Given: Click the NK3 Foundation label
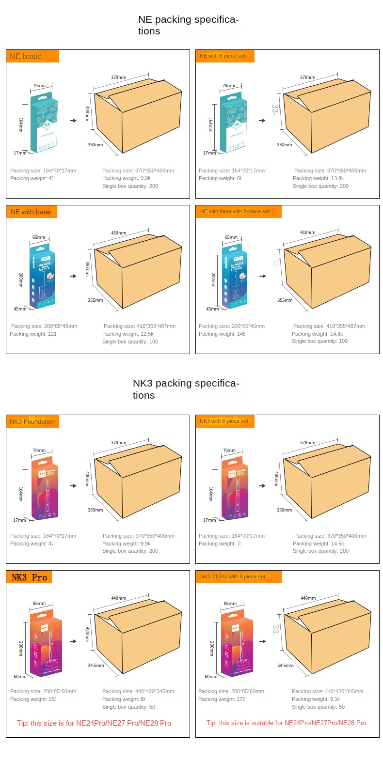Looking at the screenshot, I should pyautogui.click(x=32, y=421).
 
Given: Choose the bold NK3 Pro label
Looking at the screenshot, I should pyautogui.click(x=29, y=577).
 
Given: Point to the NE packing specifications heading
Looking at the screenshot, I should pyautogui.click(x=188, y=25).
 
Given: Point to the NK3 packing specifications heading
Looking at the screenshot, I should pyautogui.click(x=186, y=389).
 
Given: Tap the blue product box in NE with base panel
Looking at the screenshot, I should pyautogui.click(x=42, y=278).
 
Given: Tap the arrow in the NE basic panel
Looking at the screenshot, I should pyautogui.click(x=73, y=121).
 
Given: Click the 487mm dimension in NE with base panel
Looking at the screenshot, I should pyautogui.click(x=87, y=269).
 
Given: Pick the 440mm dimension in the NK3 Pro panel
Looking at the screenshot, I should pyautogui.click(x=118, y=598).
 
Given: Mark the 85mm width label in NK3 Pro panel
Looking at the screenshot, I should pyautogui.click(x=39, y=604).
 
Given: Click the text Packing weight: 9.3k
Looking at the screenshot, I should pyautogui.click(x=127, y=178).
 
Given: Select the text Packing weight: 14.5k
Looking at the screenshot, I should pyautogui.click(x=318, y=544).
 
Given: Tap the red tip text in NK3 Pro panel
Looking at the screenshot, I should pyautogui.click(x=94, y=723).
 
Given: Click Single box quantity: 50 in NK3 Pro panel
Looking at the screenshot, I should pyautogui.click(x=128, y=707).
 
